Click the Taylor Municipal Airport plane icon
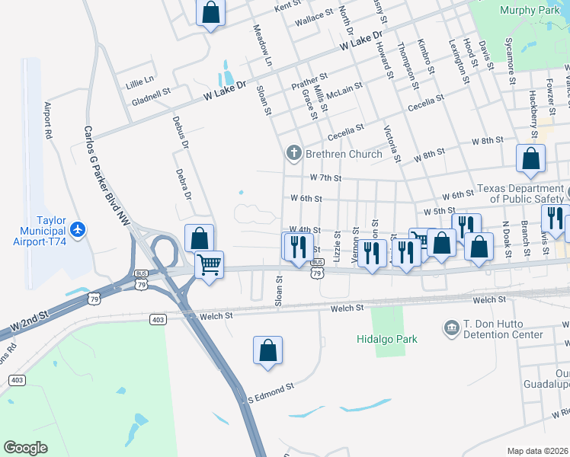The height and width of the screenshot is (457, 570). point(77,228)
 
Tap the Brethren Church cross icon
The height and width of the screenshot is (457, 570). point(293,154)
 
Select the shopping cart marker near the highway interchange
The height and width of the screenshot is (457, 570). point(208,265)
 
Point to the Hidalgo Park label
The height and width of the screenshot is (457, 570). point(387,339)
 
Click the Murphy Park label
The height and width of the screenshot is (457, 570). point(530,10)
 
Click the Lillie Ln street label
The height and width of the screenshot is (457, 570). point(140,80)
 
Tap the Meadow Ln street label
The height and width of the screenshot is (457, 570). point(261,43)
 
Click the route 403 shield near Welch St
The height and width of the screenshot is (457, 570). point(158,318)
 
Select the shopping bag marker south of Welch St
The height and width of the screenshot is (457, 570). point(267,350)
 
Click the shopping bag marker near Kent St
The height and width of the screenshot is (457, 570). point(211,12)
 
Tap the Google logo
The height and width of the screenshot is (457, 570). point(25,448)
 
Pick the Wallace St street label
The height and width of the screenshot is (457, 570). point(315,18)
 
